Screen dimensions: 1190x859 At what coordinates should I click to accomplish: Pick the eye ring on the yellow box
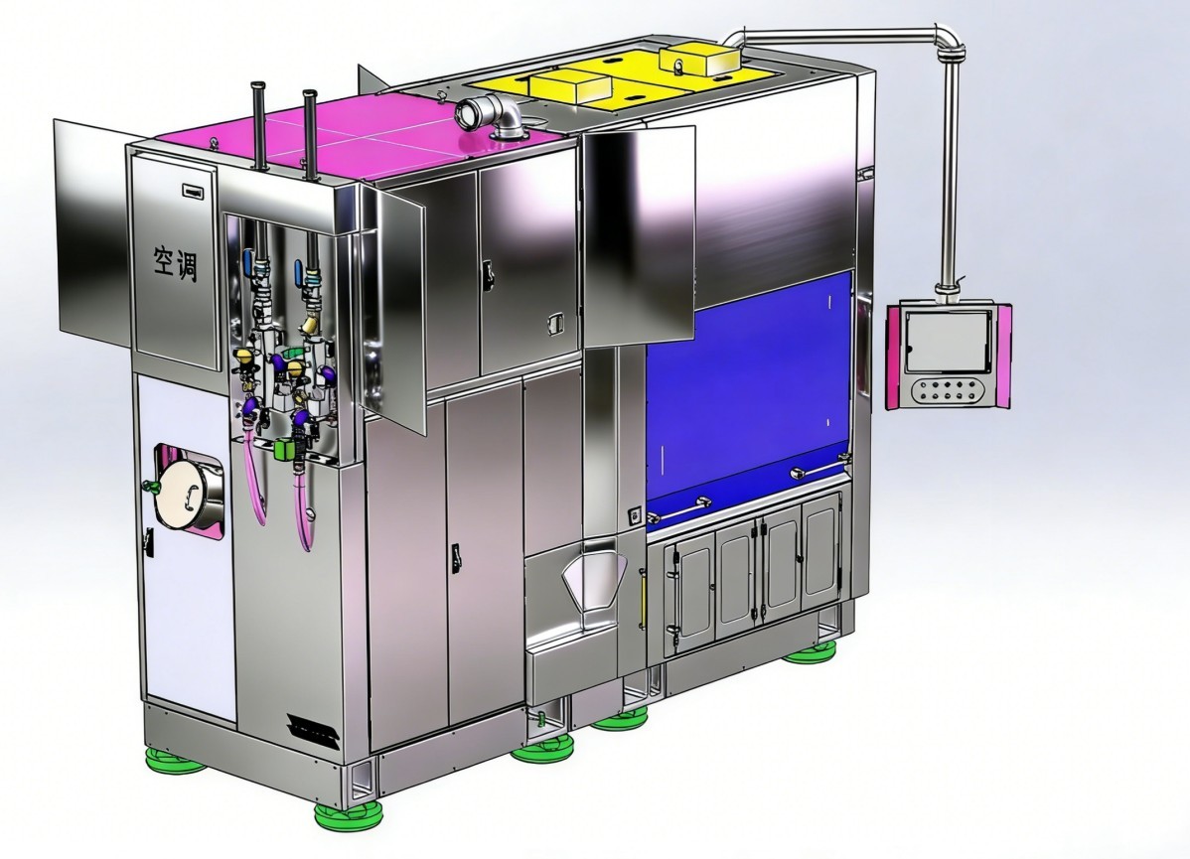[x=677, y=66]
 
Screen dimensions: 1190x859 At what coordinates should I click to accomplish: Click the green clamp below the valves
[x=285, y=449]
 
